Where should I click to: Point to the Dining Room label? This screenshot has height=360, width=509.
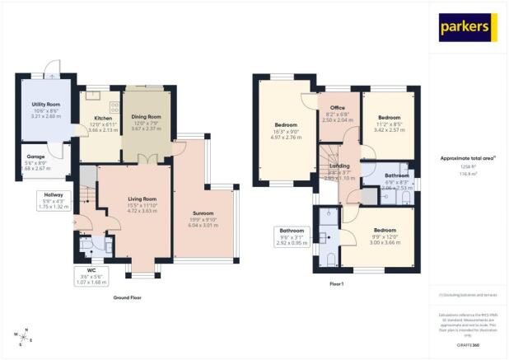[x=146, y=117]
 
